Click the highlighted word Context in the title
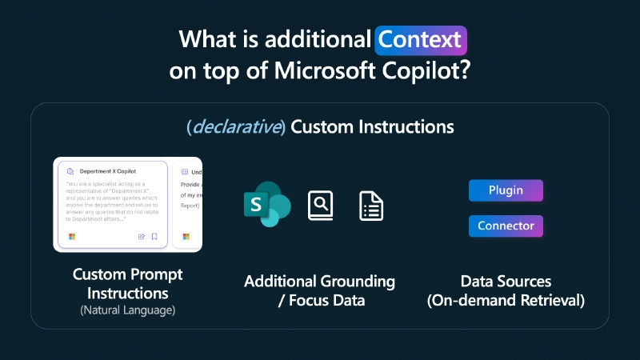(x=420, y=38)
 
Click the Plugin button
(x=506, y=190)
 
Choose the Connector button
(x=506, y=226)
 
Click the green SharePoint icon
(x=266, y=205)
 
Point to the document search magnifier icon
(x=320, y=206)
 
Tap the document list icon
(x=371, y=206)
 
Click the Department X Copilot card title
(x=108, y=171)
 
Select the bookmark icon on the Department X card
(x=154, y=237)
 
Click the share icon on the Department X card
(x=142, y=237)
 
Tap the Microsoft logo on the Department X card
(x=72, y=237)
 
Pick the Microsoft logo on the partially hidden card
(x=186, y=237)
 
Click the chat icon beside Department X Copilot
(x=71, y=171)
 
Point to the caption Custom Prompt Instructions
(x=128, y=283)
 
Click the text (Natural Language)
(x=128, y=310)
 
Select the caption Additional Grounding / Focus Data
(x=320, y=291)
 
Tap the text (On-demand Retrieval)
(x=506, y=301)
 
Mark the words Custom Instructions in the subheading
(x=372, y=127)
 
